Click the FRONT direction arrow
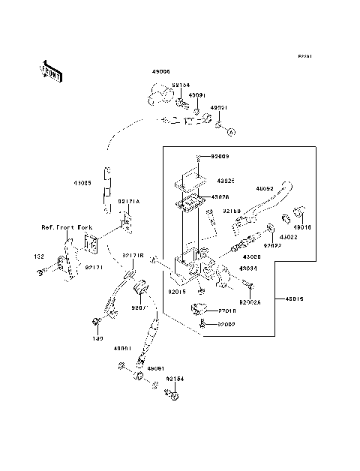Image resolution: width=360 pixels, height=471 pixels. [x=50, y=71]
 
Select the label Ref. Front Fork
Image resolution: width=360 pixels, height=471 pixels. [x=65, y=225]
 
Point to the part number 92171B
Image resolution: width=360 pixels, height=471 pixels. [x=133, y=256]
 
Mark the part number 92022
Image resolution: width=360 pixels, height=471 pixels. [x=272, y=245]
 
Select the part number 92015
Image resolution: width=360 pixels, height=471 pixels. [x=177, y=292]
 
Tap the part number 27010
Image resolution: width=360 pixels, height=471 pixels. [x=228, y=310]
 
